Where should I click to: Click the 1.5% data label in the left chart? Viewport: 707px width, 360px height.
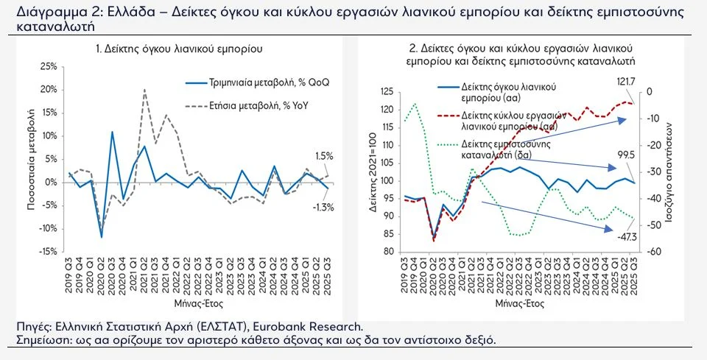(325, 157)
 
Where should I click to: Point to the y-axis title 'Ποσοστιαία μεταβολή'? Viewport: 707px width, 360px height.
(32, 159)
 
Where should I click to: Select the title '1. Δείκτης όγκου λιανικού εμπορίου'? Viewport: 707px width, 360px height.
(180, 49)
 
